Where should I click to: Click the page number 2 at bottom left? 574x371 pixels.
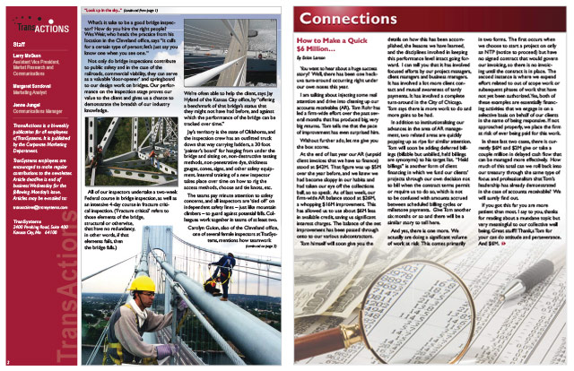(5, 364)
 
